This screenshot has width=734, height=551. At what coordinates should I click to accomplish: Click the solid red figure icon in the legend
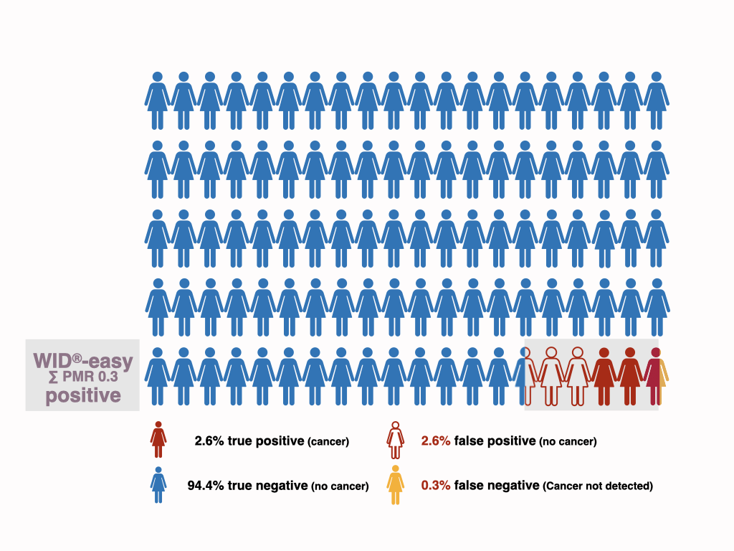click(158, 441)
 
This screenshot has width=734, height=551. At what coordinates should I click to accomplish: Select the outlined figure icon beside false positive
click(395, 441)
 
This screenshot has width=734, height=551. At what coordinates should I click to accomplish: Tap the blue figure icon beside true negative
click(158, 485)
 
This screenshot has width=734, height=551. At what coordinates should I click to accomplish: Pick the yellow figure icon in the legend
click(395, 485)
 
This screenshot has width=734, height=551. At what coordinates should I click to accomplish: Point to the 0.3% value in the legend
click(436, 486)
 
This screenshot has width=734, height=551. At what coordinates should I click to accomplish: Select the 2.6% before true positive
click(209, 441)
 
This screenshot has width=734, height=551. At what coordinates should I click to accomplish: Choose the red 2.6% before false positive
click(436, 441)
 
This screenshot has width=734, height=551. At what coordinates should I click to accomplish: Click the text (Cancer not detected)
click(598, 486)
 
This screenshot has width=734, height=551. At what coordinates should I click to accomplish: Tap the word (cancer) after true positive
click(328, 442)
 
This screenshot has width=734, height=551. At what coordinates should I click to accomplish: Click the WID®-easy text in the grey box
click(82, 362)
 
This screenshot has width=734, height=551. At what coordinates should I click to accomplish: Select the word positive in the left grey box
click(82, 396)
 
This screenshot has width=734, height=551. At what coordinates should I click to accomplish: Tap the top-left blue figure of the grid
click(157, 100)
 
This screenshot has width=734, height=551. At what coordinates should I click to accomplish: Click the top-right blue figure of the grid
click(656, 100)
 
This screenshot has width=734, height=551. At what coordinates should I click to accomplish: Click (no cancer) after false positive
click(567, 442)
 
